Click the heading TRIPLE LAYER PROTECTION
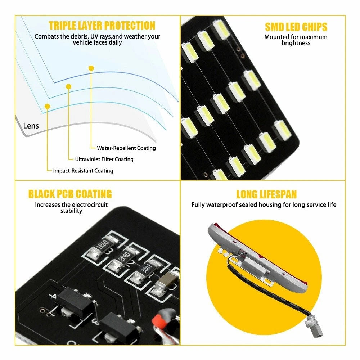pos(102,26)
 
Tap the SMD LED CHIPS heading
pos(296,27)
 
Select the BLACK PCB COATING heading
pos(70,194)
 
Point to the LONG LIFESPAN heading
pos(266,194)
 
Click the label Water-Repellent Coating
pos(126,148)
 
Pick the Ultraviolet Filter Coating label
pos(104,159)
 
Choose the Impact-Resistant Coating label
pos(83,171)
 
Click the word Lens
pos(31,126)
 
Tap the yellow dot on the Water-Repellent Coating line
pos(91,68)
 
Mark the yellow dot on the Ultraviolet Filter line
pos(68,86)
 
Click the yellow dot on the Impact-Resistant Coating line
pos(47,106)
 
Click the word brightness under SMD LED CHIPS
pos(296,43)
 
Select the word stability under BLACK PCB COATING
pos(71,211)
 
